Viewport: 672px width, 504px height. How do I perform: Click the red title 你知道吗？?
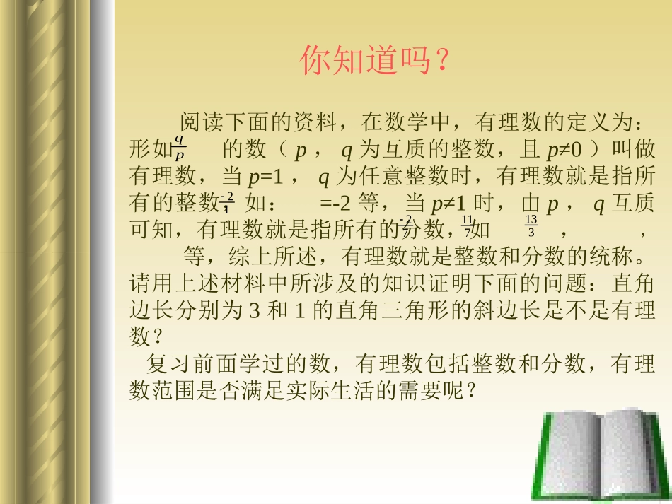375,61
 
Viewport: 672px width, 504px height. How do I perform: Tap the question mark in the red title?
441,61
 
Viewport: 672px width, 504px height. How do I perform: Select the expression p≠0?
564,150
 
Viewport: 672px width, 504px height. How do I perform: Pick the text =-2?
335,204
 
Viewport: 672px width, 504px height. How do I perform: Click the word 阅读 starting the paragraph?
200,122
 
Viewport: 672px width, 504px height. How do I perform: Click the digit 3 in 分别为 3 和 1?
255,311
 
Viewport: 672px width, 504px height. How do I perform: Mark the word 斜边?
518,311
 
